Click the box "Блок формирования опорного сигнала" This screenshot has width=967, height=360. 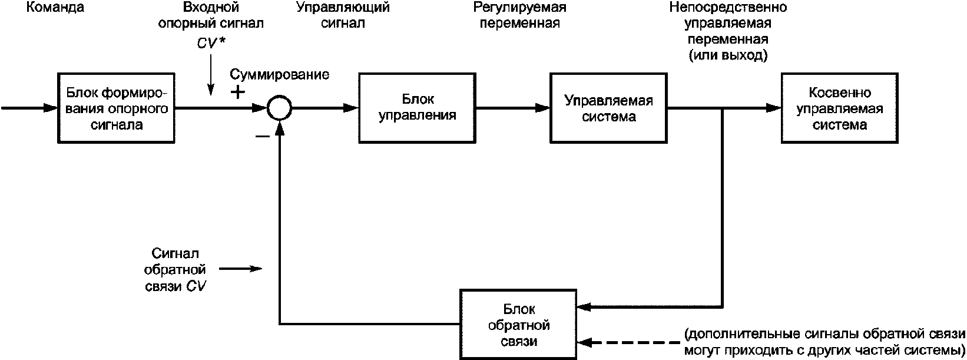pyautogui.click(x=117, y=108)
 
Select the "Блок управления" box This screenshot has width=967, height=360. pyautogui.click(x=417, y=108)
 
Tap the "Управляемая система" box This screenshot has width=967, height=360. pyautogui.click(x=608, y=108)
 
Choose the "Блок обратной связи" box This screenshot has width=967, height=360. pyautogui.click(x=519, y=324)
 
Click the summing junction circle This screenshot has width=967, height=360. pyautogui.click(x=277, y=108)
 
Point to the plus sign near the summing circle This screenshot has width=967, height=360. pyautogui.click(x=237, y=93)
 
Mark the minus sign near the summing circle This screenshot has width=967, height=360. pyautogui.click(x=262, y=136)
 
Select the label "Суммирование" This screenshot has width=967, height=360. pyautogui.click(x=279, y=75)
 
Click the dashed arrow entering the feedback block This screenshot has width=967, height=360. pyautogui.click(x=630, y=342)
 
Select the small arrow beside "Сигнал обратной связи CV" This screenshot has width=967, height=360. pyautogui.click(x=240, y=269)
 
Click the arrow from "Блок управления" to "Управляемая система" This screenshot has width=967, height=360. pyautogui.click(x=512, y=108)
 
